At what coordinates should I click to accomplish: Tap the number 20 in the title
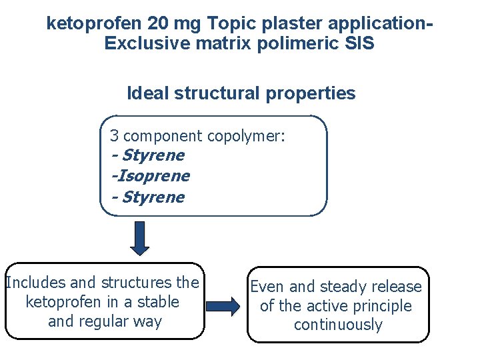pyautogui.click(x=150, y=24)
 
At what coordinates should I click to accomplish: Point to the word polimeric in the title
pyautogui.click(x=296, y=44)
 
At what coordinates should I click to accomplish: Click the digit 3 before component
pyautogui.click(x=115, y=136)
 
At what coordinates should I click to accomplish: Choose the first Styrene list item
pyautogui.click(x=153, y=156)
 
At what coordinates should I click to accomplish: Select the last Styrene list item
pyautogui.click(x=153, y=197)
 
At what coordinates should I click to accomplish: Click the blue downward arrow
pyautogui.click(x=140, y=238)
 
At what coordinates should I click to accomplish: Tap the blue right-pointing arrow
pyautogui.click(x=222, y=307)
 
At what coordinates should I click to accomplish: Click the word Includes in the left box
pyautogui.click(x=33, y=283)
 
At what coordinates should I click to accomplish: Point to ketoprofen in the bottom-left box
pyautogui.click(x=61, y=302)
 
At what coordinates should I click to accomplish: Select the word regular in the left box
pyautogui.click(x=103, y=321)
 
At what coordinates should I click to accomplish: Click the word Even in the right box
pyautogui.click(x=267, y=287)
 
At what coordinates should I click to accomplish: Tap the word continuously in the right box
pyautogui.click(x=338, y=325)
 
